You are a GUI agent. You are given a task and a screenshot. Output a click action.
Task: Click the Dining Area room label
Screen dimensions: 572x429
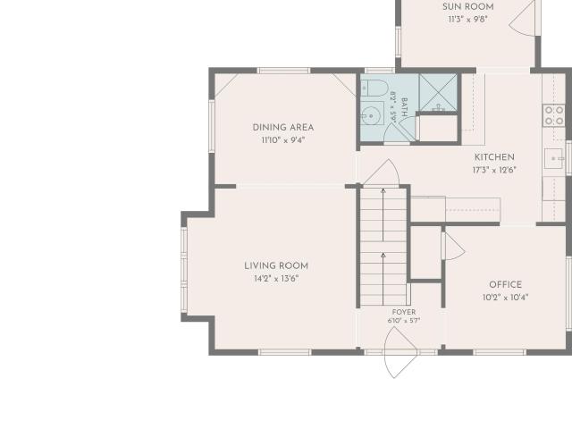(283, 127)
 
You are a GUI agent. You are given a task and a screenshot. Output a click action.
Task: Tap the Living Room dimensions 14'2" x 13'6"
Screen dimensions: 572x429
(276, 279)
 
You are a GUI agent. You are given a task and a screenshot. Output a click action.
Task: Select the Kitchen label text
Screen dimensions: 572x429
(494, 157)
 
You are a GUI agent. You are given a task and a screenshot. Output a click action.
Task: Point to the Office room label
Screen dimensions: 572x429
(505, 284)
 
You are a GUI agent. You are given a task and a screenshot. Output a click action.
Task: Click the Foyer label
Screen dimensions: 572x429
(404, 312)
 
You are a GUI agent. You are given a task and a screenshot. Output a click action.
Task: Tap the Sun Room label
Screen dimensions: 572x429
(468, 6)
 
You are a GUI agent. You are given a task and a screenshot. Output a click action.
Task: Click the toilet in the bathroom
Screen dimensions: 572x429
(374, 88)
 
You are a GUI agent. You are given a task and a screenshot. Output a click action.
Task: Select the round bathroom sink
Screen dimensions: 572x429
(372, 116)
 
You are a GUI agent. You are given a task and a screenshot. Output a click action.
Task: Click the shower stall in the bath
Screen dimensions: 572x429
(438, 93)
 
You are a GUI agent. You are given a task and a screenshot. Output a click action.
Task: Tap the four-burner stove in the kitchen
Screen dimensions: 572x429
(554, 115)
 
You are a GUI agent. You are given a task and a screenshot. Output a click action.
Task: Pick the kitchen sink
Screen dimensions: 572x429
(554, 159)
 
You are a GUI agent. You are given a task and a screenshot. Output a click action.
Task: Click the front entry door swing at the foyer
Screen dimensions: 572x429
(400, 352)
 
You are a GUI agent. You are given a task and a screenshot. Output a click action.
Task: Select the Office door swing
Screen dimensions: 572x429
(454, 247)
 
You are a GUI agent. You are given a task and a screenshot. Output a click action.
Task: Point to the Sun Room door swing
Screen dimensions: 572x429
(522, 18)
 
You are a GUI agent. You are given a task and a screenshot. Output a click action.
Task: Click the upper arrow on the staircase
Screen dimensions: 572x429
(383, 214)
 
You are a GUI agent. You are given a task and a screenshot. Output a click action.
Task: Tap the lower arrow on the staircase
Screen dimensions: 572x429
(383, 279)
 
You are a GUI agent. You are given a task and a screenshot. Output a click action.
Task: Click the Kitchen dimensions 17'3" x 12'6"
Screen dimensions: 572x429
(494, 170)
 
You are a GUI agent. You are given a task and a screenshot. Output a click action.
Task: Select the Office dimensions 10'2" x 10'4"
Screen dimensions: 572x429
(505, 298)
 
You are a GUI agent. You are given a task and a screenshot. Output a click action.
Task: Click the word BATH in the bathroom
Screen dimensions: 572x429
(404, 107)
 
